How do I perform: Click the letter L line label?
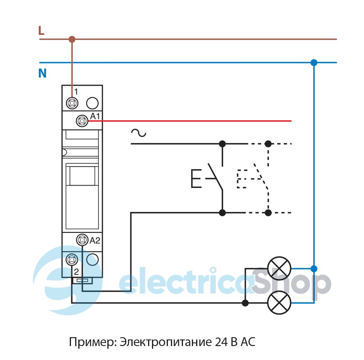41,31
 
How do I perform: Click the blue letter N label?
42,73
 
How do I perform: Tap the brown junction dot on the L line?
72,39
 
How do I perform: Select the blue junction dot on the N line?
314,62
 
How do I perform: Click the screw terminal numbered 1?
72,103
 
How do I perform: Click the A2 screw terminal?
82,240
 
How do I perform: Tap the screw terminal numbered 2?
72,259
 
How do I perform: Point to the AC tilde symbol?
138,133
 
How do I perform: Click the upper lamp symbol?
279,268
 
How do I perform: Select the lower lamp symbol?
279,303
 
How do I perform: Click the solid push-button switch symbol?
209,178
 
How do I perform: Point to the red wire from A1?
194,121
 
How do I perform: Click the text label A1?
95,116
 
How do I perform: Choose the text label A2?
95,241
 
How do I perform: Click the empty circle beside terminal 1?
92,103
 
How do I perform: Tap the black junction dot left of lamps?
245,303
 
